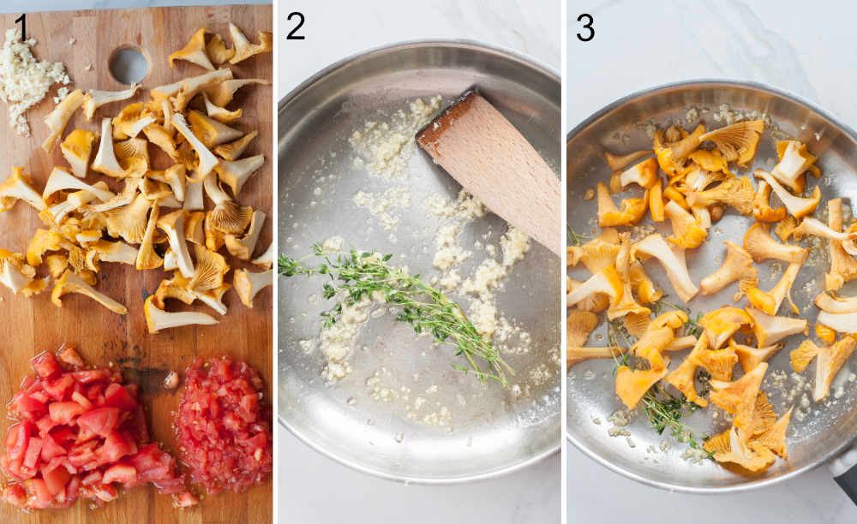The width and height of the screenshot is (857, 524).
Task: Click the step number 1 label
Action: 21,27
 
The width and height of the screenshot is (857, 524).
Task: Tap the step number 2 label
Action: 295,27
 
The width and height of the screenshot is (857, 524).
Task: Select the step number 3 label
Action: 585,27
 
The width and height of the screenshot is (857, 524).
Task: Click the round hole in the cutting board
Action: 129,65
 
